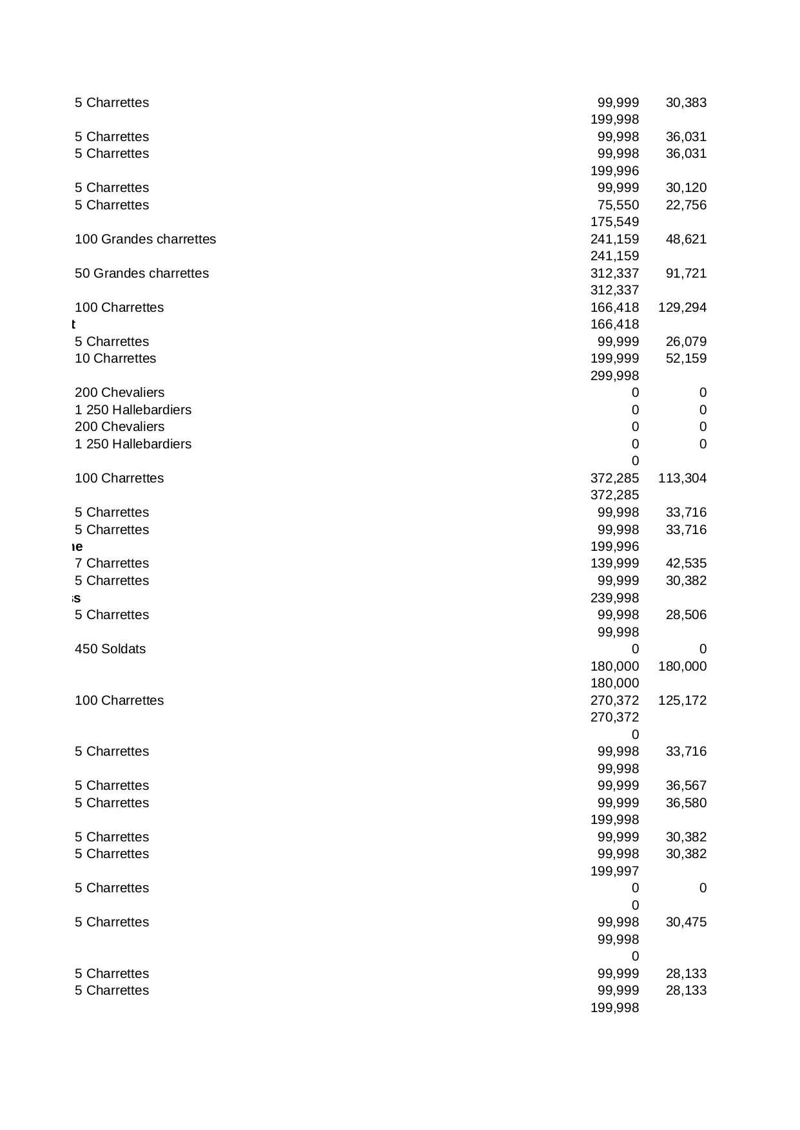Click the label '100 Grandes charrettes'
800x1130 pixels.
point(145,239)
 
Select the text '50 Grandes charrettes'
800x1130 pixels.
point(142,273)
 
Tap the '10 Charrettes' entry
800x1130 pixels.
point(115,358)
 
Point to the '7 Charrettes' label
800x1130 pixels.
point(112,563)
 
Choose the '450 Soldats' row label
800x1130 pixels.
point(110,649)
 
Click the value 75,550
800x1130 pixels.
point(618,205)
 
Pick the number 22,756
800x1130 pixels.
point(686,205)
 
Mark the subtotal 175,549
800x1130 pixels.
point(614,222)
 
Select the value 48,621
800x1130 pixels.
point(686,239)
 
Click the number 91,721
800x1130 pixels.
point(686,273)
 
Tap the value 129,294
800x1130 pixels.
point(682,307)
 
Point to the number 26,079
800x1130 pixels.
point(686,341)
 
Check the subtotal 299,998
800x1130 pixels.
point(614,376)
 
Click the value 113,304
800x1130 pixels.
point(682,478)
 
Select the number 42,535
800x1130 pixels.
point(686,563)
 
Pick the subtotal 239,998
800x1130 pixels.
point(614,598)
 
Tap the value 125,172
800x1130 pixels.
point(682,700)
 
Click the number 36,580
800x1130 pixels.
point(686,803)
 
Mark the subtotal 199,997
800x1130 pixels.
point(614,871)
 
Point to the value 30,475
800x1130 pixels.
point(686,922)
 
